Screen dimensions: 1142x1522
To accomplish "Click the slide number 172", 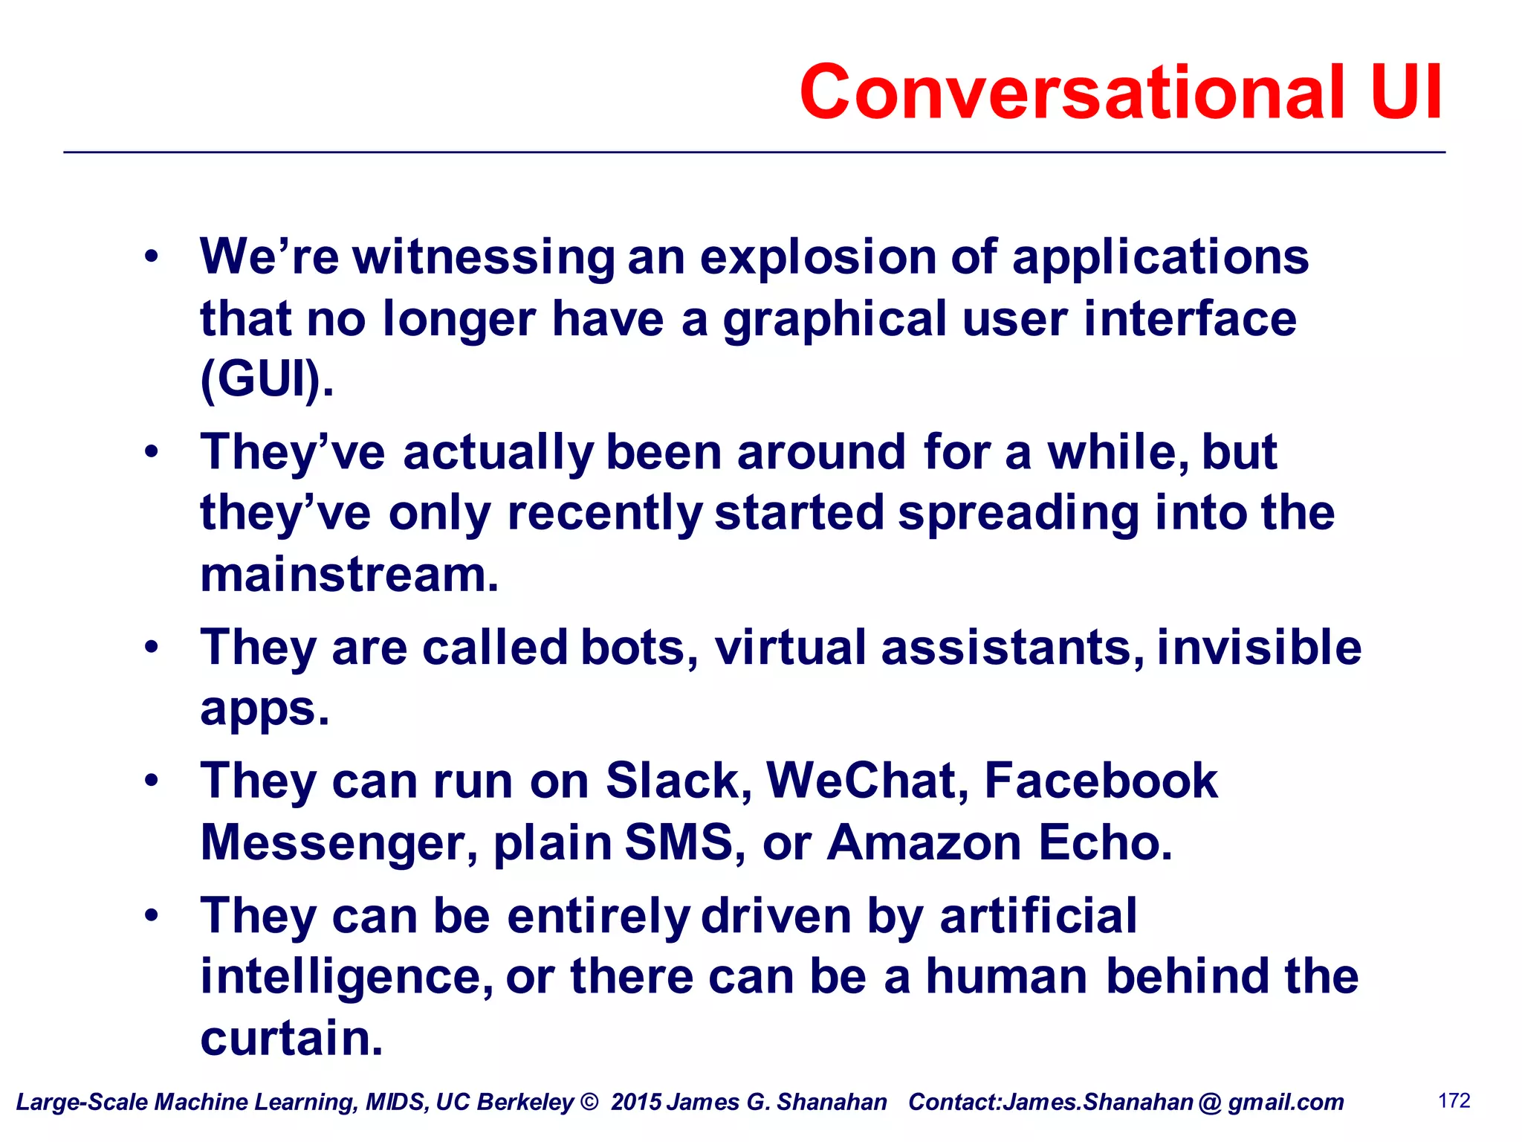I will [1454, 1100].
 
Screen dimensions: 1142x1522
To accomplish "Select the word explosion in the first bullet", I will [818, 257].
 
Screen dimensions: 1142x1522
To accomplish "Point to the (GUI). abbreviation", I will [267, 379].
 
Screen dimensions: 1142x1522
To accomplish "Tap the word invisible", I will [1259, 647].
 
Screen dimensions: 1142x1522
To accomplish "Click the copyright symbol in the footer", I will [589, 1102].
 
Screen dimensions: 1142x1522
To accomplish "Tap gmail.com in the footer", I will [1286, 1102].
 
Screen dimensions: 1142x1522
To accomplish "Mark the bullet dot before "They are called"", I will [152, 646].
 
